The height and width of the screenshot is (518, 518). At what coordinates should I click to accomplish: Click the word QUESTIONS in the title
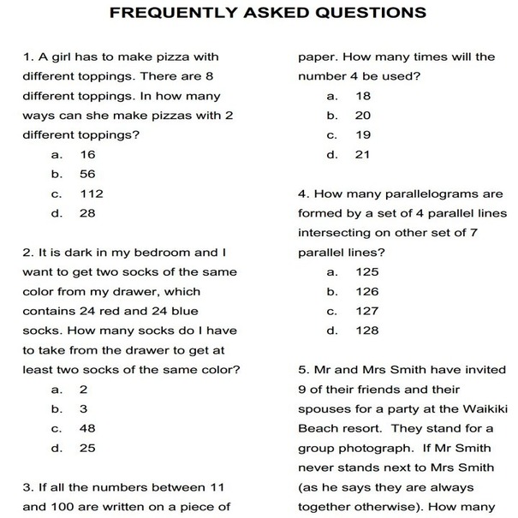(x=359, y=14)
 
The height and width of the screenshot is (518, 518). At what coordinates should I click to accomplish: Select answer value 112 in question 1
(x=92, y=194)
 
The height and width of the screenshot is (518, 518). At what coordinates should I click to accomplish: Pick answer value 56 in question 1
(x=88, y=174)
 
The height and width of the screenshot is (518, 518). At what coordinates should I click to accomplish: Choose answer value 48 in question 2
(x=88, y=428)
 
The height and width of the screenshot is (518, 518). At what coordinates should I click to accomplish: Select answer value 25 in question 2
(x=88, y=447)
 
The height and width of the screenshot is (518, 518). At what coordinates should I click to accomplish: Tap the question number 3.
(x=27, y=487)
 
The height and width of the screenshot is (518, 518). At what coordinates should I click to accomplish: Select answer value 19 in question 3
(x=363, y=135)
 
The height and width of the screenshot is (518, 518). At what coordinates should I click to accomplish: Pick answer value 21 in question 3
(x=363, y=155)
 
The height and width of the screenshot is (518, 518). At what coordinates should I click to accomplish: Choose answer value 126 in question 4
(x=367, y=292)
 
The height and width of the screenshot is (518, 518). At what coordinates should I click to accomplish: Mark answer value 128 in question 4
(x=367, y=330)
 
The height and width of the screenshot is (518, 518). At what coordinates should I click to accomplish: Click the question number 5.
(x=302, y=370)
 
